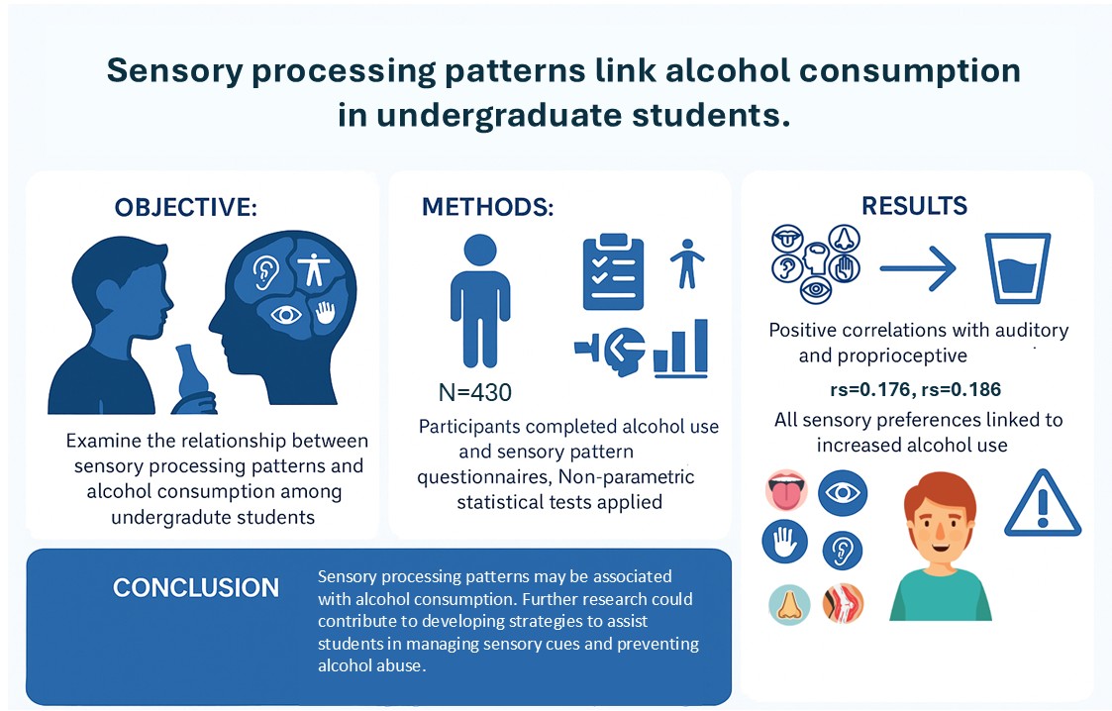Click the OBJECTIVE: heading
pos(186,207)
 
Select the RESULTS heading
pos(914,205)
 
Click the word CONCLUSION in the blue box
pos(196,588)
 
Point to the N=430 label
pos(475,393)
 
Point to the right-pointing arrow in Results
pos(916,266)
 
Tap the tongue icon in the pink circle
pos(788,492)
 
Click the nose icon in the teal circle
pos(790,604)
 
